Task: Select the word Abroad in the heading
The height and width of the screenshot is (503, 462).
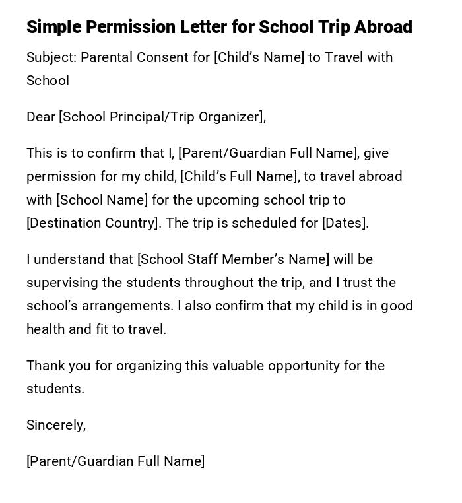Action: (x=383, y=27)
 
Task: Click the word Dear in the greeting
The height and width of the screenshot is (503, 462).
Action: (x=40, y=117)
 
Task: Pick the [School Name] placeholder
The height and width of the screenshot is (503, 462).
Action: (x=102, y=200)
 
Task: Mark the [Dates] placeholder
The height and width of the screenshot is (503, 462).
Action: (x=344, y=223)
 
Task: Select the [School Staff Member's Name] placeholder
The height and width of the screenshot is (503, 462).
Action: (x=233, y=259)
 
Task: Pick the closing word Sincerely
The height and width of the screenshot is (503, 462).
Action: (x=55, y=425)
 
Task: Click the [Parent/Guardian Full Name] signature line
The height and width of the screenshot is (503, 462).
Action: (x=115, y=461)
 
